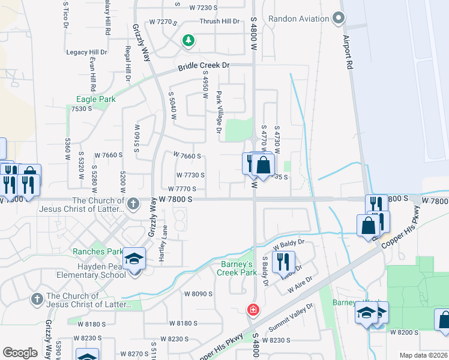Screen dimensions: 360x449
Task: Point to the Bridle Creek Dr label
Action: (203, 67)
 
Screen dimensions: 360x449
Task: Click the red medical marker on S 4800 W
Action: (253, 310)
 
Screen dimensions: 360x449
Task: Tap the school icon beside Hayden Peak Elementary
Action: (135, 259)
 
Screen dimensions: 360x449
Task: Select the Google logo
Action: (20, 353)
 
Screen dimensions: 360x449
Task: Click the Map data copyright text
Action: (424, 355)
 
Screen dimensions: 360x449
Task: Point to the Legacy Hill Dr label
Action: (86, 52)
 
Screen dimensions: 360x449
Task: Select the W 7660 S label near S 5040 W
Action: (187, 155)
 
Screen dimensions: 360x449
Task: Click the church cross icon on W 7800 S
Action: (133, 203)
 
